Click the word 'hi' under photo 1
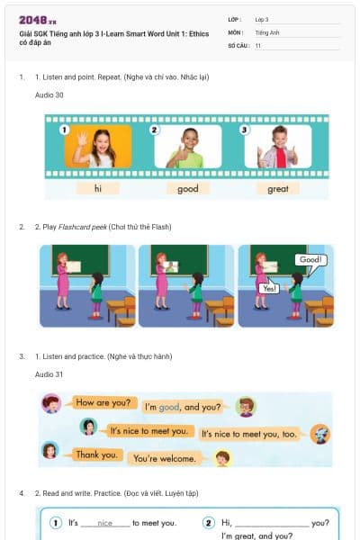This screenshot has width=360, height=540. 98,189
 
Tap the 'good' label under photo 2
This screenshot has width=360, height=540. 188,189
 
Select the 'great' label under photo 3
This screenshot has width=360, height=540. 277,189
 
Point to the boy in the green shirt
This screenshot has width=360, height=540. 187,147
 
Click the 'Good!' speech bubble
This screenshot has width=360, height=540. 310,260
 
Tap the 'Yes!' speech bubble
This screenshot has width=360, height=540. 268,288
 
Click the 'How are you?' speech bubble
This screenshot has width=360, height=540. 102,402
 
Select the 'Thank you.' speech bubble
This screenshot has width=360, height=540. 95,454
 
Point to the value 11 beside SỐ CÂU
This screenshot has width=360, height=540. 258,44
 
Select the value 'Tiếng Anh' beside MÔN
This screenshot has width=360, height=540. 266,31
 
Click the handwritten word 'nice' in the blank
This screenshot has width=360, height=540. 105,523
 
